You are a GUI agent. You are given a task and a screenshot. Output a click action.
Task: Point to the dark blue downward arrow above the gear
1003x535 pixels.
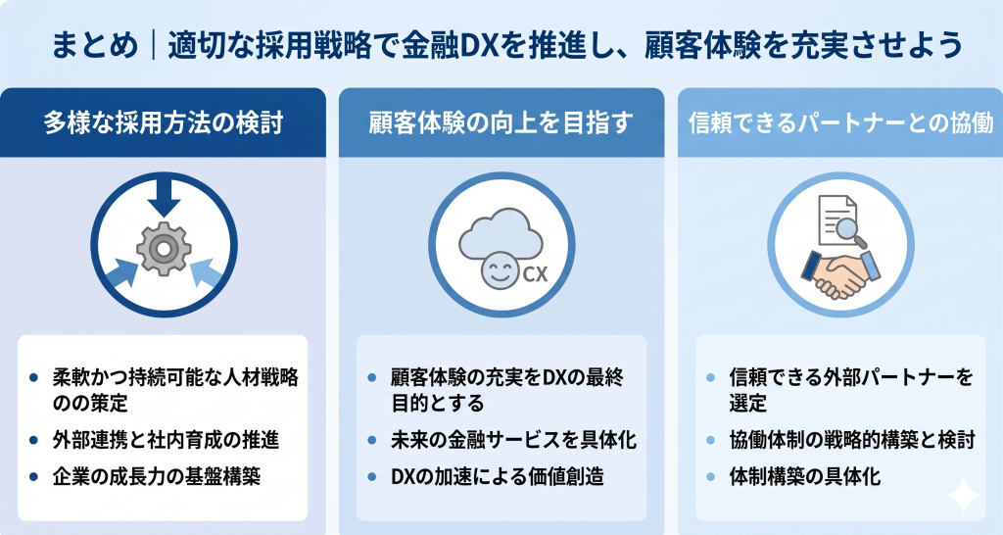[x=164, y=199]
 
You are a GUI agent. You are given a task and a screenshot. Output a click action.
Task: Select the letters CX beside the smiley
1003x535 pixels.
[x=535, y=274]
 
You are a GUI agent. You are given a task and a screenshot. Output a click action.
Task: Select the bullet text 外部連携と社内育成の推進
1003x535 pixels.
[x=166, y=439]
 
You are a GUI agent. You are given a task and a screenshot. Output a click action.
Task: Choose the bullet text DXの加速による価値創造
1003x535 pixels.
[x=497, y=477]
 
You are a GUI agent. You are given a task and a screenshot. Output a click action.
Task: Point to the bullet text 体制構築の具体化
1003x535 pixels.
[x=805, y=477]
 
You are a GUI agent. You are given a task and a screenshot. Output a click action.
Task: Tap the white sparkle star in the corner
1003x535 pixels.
[x=963, y=497]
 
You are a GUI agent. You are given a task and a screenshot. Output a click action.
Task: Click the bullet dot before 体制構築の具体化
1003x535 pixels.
[x=712, y=478]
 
